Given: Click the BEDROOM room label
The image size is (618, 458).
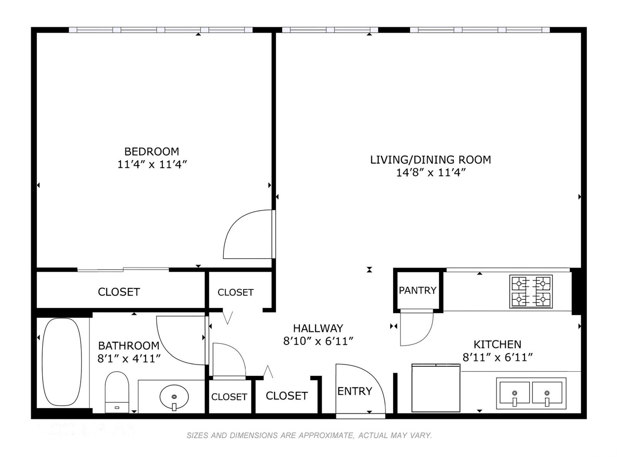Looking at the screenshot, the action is tap(151, 152).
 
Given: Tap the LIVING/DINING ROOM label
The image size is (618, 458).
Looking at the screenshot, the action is tap(431, 160).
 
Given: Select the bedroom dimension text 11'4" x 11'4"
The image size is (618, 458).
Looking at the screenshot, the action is tap(152, 164).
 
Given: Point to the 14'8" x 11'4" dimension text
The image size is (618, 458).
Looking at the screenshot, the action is tap(431, 173).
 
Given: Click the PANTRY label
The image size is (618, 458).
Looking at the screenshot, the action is tap(418, 291).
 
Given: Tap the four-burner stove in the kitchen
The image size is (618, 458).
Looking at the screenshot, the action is tap(531, 291).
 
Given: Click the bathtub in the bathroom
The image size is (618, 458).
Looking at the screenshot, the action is tap(62, 362).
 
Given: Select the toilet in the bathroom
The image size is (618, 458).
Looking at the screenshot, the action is tap(117, 392).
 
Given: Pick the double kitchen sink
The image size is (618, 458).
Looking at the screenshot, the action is tap(531, 393).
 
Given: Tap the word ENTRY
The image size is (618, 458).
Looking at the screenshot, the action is tap(355, 392).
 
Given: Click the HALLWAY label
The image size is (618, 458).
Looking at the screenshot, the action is tap(318, 328).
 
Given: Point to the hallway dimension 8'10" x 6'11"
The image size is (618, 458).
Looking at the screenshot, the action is tap(318, 341).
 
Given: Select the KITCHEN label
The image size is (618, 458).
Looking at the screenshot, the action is tap(497, 345).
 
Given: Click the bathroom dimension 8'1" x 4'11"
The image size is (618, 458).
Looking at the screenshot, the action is tap(129, 358).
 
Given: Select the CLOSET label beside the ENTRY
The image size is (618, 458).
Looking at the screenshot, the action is tap(287, 396).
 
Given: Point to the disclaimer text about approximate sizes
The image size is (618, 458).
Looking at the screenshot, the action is tap(309, 435).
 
